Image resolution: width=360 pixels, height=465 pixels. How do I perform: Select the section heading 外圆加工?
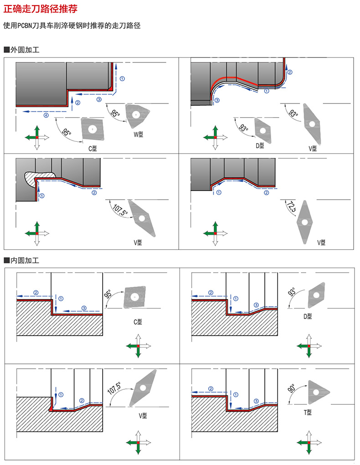coord(25,50)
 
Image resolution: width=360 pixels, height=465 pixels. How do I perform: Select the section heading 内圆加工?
coord(25,261)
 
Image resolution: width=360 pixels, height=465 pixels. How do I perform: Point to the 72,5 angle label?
coord(291,207)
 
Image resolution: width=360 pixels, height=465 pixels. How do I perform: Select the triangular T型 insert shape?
coord(317,391)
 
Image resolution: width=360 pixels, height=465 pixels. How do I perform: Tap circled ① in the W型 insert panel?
coord(123,78)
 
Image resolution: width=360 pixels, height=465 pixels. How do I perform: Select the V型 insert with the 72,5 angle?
coord(304,221)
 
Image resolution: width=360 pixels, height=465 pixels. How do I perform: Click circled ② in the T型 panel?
coord(211,388)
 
